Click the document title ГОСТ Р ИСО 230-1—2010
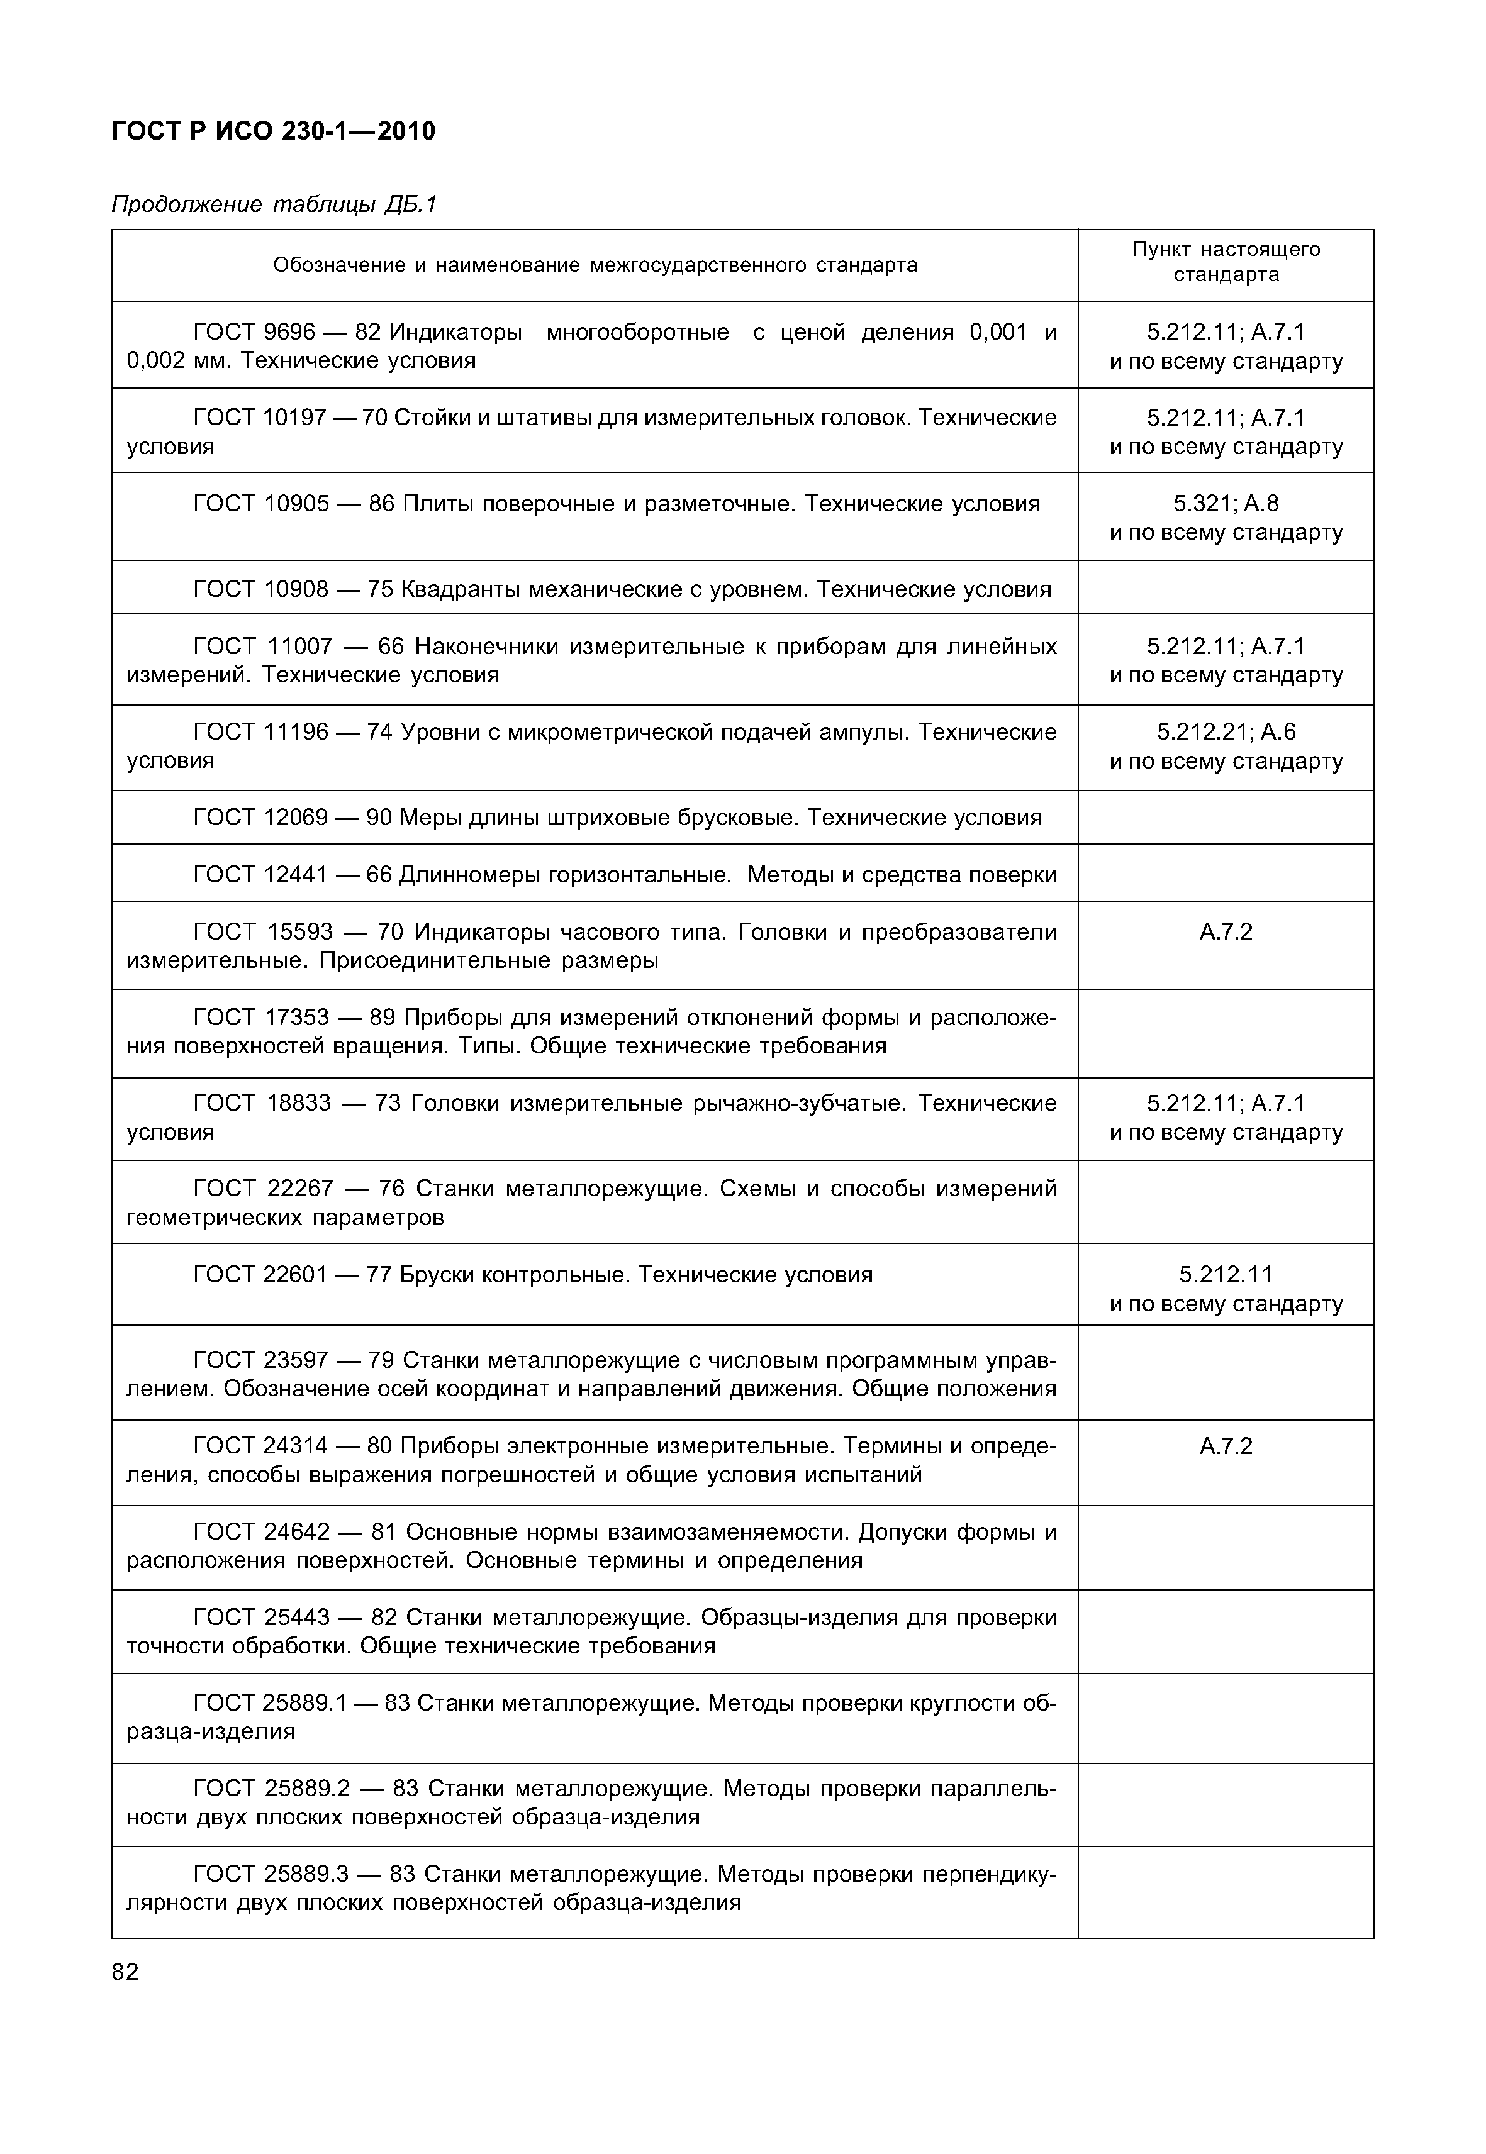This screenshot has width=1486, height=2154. (273, 131)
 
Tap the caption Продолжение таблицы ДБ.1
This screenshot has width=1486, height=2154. (274, 204)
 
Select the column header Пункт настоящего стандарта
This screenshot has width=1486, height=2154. (1226, 262)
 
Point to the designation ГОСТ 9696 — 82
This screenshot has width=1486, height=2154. (287, 332)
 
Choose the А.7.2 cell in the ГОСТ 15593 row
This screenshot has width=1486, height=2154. (1226, 932)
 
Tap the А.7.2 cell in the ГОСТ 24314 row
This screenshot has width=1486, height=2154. (1226, 1446)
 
